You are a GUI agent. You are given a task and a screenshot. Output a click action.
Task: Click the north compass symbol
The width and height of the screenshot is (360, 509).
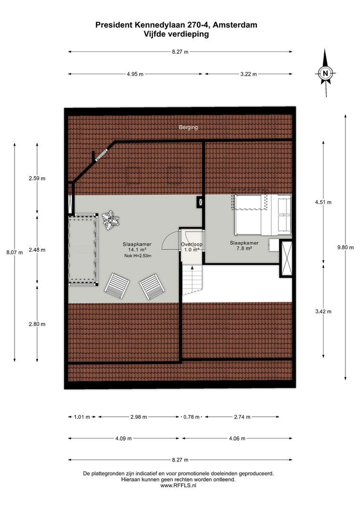(325, 73)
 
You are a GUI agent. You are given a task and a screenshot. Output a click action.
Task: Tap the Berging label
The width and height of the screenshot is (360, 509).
(188, 127)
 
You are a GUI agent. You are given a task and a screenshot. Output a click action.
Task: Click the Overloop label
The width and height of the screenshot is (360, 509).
(192, 245)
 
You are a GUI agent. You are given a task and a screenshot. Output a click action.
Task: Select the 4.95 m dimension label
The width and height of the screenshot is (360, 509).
(135, 74)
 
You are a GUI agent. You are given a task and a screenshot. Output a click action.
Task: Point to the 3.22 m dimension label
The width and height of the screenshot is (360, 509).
(248, 74)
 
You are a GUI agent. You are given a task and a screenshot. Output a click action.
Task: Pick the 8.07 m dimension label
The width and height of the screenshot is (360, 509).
(14, 252)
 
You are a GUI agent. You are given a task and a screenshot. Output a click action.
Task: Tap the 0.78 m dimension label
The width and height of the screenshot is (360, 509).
(191, 417)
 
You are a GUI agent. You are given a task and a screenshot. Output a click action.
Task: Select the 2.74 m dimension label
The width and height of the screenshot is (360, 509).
(242, 417)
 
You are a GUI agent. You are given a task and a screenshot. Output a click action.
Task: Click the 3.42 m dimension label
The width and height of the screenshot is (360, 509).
(323, 312)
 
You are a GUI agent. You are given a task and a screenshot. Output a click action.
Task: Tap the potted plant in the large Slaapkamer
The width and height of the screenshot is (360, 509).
(110, 220)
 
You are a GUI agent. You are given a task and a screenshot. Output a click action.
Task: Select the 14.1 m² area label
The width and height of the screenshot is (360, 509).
(137, 250)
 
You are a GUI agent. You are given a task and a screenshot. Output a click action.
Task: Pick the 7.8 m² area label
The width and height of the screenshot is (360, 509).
(244, 249)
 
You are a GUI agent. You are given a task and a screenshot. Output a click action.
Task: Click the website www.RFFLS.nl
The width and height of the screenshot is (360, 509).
(178, 485)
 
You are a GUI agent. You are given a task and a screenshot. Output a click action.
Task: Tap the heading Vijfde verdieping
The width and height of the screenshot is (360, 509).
(176, 34)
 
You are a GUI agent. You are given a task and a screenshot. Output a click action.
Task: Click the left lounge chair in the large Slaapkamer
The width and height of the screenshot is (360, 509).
(117, 286)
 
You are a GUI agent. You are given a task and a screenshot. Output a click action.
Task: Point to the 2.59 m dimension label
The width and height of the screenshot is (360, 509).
(37, 178)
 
